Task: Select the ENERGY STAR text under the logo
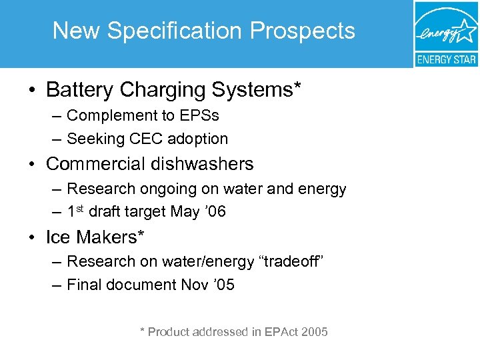click(x=446, y=59)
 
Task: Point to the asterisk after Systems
click(x=297, y=85)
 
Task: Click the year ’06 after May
click(x=217, y=212)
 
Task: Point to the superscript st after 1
click(x=80, y=208)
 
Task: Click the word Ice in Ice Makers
click(x=58, y=237)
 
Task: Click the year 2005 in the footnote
click(x=314, y=331)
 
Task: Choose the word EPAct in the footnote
click(x=281, y=331)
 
